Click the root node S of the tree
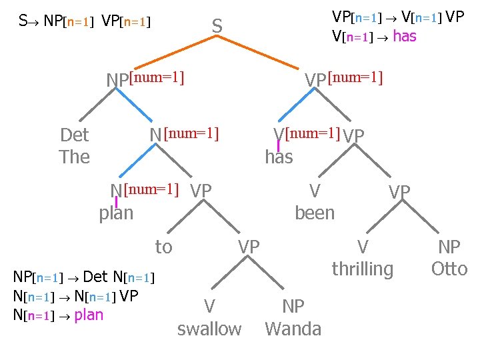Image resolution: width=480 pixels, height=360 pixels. tap(217, 27)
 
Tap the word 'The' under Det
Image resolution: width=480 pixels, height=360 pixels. tap(74, 157)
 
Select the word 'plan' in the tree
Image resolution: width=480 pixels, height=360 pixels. tap(116, 213)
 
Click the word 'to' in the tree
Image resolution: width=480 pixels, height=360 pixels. tap(163, 247)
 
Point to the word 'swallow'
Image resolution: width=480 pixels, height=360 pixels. tap(209, 329)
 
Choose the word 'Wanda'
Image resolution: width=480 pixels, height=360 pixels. tap(293, 329)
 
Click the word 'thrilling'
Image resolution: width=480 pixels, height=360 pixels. tap(363, 269)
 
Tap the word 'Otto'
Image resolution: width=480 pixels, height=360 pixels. tap(449, 269)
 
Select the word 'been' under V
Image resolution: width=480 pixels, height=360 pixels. tap(315, 213)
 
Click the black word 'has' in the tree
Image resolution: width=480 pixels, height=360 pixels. tap(279, 157)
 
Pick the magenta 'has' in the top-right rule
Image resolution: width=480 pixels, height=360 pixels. tap(405, 36)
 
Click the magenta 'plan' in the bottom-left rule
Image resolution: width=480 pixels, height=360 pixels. tap(89, 314)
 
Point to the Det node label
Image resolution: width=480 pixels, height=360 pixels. tap(74, 135)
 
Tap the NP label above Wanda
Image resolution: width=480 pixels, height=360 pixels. tap(293, 306)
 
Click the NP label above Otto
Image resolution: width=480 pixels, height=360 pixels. tap(449, 247)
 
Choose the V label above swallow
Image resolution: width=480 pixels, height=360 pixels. tap(209, 306)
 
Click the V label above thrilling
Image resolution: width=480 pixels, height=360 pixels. tap(363, 247)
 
